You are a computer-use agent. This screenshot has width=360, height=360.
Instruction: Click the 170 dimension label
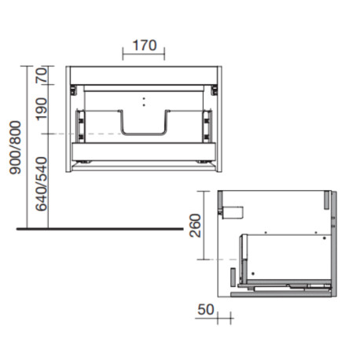coord(143,46)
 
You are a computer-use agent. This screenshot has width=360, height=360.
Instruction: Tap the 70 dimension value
coord(42,75)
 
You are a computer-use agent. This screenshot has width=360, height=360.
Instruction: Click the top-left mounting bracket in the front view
coord(72,88)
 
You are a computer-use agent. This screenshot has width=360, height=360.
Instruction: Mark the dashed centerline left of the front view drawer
coord(59,134)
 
